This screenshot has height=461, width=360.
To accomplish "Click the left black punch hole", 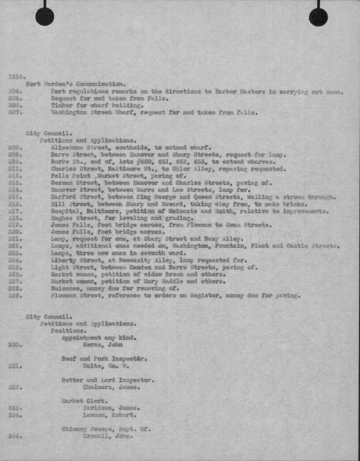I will [x=45, y=17].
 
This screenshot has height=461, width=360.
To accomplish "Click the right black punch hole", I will [x=318, y=17].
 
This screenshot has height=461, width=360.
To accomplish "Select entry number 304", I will [x=14, y=91].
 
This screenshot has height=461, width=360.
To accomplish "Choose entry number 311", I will [x=14, y=169].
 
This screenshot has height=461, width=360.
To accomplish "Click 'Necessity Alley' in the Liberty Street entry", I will [x=141, y=260].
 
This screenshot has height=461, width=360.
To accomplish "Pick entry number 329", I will [x=14, y=296].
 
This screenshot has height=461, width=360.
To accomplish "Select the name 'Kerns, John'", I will [x=103, y=345].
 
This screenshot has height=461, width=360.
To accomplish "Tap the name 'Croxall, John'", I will [x=108, y=436].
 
